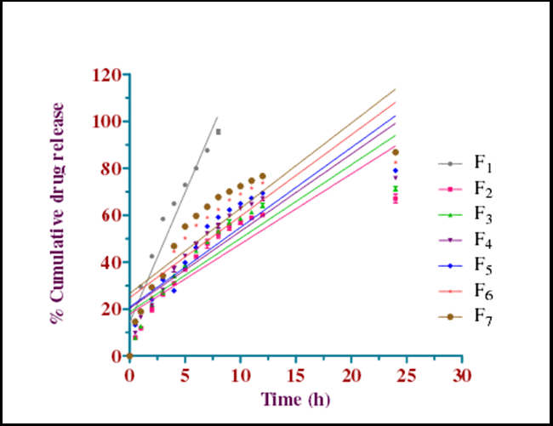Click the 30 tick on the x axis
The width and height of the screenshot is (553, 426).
(x=462, y=375)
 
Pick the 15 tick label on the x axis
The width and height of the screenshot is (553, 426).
(x=295, y=375)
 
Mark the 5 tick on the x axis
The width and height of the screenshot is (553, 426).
(x=185, y=375)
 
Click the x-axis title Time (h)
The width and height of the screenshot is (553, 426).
(x=294, y=400)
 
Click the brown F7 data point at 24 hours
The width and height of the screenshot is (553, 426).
(x=396, y=152)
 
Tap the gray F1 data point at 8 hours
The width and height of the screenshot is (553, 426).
(x=219, y=132)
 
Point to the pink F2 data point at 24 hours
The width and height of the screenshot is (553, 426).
(x=396, y=199)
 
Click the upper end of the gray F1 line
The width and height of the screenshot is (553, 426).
(x=218, y=117)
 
